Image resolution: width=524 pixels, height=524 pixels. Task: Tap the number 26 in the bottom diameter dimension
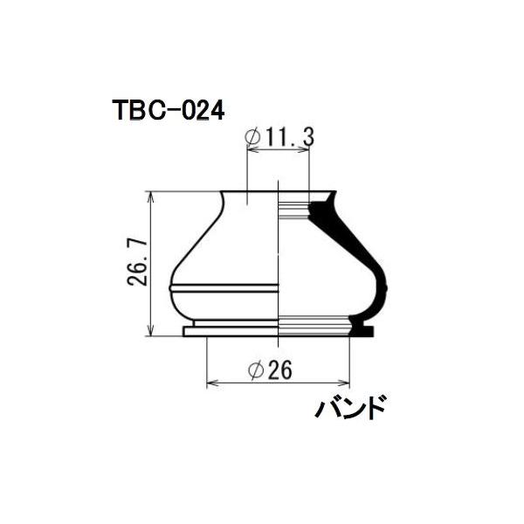[x=279, y=370]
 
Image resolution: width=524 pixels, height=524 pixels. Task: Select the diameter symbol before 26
[x=257, y=371]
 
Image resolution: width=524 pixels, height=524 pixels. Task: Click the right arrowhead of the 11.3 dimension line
[x=306, y=150]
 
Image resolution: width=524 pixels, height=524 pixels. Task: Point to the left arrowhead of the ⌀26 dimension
[x=210, y=383]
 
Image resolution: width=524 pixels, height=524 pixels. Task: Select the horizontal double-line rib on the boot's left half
[x=223, y=286]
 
